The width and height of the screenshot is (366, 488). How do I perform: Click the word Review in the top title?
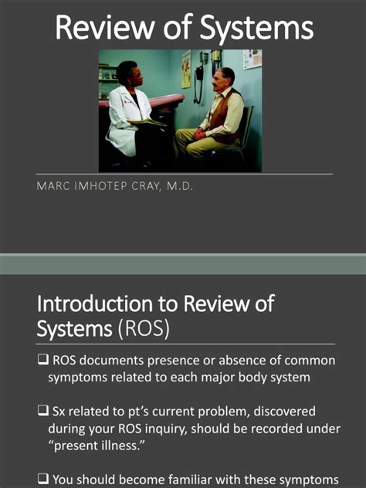click(x=103, y=29)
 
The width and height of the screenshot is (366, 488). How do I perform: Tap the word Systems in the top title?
click(x=255, y=29)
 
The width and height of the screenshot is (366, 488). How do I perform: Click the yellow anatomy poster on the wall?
click(x=186, y=69)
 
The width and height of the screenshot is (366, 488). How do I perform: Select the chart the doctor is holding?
click(x=147, y=121)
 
